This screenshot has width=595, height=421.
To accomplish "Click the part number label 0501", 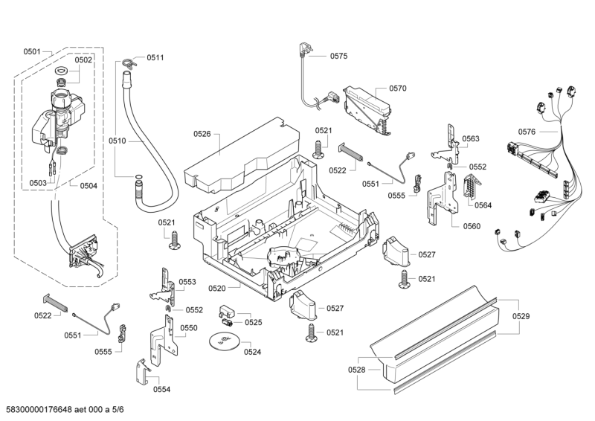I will point(31,51).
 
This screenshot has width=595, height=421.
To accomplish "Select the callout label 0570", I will point(397,89).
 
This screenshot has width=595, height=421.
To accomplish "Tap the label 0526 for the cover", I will point(202,134).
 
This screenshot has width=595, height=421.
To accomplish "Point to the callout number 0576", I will point(527,132).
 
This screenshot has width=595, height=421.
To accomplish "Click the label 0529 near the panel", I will point(521,317).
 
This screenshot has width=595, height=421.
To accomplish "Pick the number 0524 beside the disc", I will point(252,352).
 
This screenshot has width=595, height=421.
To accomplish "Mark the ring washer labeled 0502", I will point(60,71).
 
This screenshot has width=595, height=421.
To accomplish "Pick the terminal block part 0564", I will point(469,190).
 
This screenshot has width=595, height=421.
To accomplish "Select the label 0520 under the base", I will point(217,288).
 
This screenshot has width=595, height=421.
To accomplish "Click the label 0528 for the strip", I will point(357,370).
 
